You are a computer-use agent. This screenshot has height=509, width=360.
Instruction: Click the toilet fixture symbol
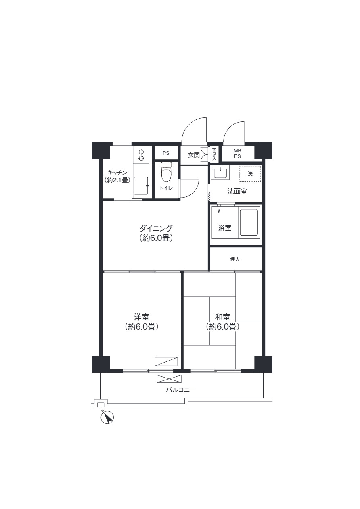(x=166, y=172)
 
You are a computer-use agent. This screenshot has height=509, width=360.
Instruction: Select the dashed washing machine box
(x=250, y=174)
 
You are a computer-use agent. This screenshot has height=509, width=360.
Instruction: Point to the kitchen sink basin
(x=141, y=186)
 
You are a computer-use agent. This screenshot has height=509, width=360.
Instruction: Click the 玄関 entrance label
(x=194, y=155)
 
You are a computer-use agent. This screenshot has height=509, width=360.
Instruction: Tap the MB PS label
(x=237, y=153)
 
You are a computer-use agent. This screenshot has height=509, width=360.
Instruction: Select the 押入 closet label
(x=235, y=259)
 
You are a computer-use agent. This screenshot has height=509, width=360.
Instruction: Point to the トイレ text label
(x=166, y=188)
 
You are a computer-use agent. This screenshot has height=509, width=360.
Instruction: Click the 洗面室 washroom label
(x=237, y=191)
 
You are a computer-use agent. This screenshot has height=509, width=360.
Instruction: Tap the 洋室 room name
(x=141, y=317)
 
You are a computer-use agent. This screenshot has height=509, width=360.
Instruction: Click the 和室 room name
(x=222, y=317)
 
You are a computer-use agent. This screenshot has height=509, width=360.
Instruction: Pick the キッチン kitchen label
(x=117, y=173)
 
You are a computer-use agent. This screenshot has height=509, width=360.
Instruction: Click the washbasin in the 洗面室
(x=220, y=173)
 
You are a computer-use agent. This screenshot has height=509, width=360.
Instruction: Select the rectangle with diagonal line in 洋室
(x=166, y=361)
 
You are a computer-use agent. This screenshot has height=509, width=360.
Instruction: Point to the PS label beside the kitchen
(x=166, y=153)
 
